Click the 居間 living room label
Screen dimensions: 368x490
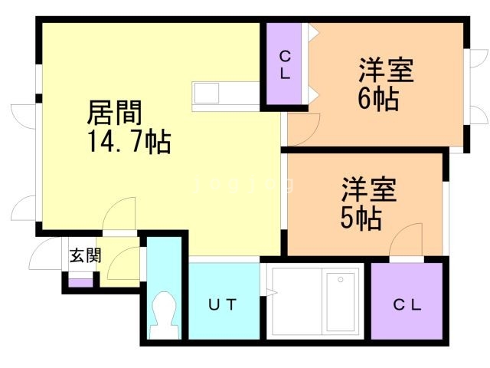click(114, 115)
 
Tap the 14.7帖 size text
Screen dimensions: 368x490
click(128, 143)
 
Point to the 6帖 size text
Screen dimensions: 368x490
click(377, 99)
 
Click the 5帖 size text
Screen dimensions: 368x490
click(361, 218)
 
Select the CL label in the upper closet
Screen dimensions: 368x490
click(284, 65)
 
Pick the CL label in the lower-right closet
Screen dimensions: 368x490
click(407, 304)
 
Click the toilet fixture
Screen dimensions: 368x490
click(164, 310)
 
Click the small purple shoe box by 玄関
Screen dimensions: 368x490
click(80, 281)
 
